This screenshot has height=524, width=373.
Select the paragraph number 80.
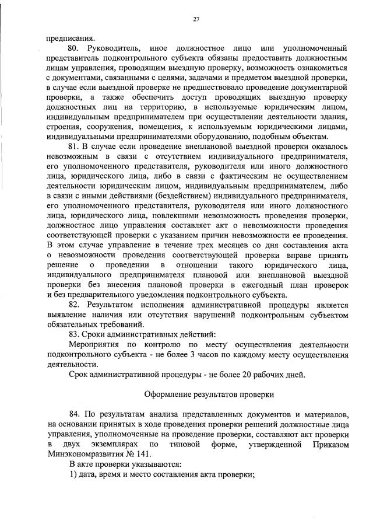point(73,48)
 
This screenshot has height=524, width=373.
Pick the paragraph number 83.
point(73,334)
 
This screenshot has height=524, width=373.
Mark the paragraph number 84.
point(73,414)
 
